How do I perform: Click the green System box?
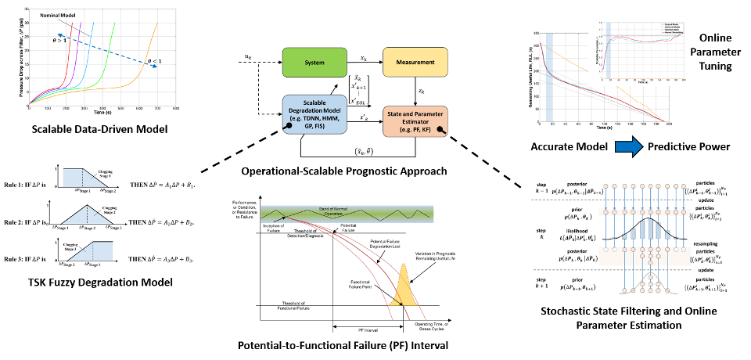[x=314, y=63]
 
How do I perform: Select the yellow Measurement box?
[x=415, y=63]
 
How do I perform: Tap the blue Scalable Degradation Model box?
[x=314, y=115]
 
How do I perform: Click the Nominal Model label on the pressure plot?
[x=56, y=15]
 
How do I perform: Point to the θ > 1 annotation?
[x=60, y=39]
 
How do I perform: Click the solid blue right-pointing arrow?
[x=628, y=146]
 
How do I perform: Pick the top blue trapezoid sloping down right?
[x=81, y=178]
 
